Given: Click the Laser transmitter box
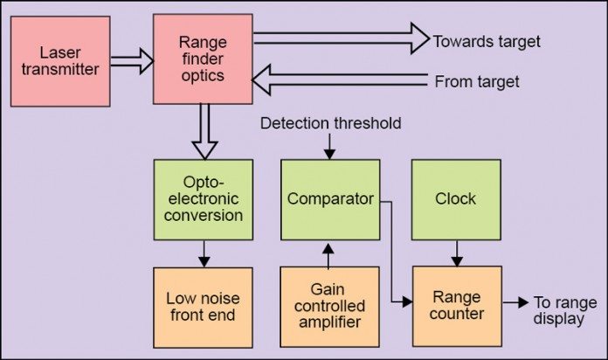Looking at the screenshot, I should tap(60, 60).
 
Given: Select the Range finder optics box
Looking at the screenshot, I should tap(203, 60).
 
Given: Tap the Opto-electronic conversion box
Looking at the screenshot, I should tap(203, 199).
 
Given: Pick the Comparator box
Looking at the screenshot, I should tap(330, 199).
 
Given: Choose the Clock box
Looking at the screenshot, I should tap(455, 199).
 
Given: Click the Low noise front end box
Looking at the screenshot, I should tap(203, 308).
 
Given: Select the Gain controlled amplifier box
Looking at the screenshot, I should tap(330, 308).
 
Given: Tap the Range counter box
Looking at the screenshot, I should tap(457, 303).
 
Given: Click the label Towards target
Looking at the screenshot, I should tap(487, 41).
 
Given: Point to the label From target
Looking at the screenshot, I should tap(477, 82).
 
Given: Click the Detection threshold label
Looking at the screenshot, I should tap(331, 123).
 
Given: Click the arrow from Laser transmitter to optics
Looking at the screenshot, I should tap(131, 61).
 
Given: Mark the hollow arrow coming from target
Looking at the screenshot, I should tap(341, 82).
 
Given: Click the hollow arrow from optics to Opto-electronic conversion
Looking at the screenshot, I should tap(204, 131).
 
